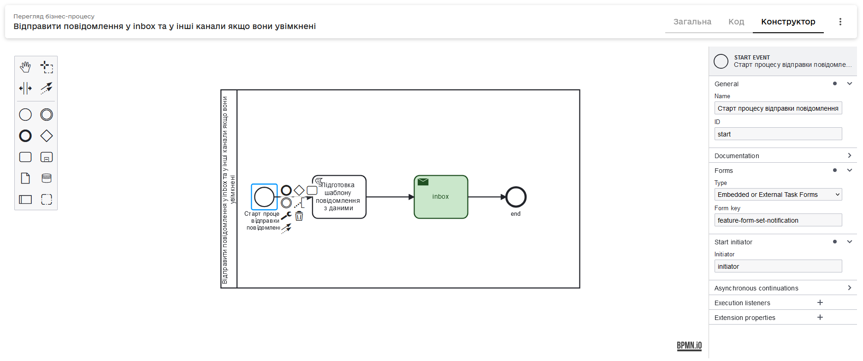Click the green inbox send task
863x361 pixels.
point(441,197)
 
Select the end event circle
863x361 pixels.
point(516,197)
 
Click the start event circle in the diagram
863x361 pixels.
point(264,197)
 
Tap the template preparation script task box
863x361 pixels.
point(339,197)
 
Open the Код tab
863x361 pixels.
point(736,22)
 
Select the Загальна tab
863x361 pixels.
point(692,22)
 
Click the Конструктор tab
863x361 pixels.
point(788,22)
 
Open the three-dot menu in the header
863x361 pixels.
point(840,22)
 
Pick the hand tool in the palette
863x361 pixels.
point(25,67)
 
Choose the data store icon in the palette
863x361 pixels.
point(47,178)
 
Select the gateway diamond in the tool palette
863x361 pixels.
point(47,136)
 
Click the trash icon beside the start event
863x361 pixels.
point(299,216)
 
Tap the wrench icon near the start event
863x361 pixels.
point(286,215)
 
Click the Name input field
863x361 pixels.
point(778,108)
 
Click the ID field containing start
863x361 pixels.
point(778,134)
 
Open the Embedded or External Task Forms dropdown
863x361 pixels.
point(778,195)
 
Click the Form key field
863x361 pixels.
point(778,220)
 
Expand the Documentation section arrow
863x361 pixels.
point(849,156)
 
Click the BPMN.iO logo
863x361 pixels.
point(689,346)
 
